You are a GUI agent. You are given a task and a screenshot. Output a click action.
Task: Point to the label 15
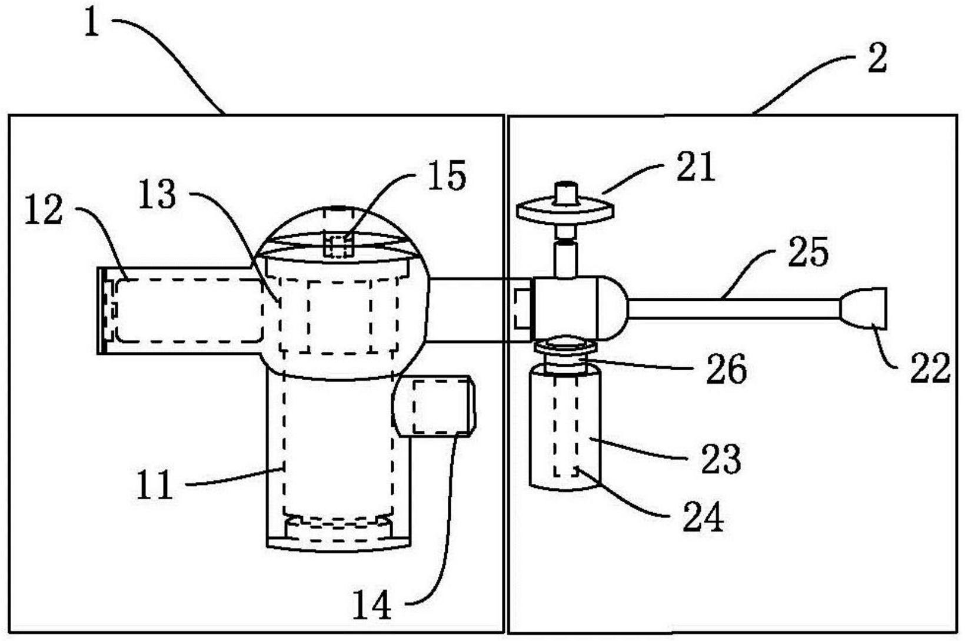tap(447, 175)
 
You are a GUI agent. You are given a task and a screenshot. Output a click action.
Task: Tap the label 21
tap(695, 167)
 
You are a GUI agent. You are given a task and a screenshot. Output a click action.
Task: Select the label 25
tap(808, 252)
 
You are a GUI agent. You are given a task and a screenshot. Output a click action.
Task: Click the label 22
tap(930, 368)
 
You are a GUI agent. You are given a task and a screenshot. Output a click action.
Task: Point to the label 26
tap(726, 370)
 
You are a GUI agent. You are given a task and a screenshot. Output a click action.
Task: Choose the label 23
tap(721, 459)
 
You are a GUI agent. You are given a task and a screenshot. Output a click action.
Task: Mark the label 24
tap(703, 517)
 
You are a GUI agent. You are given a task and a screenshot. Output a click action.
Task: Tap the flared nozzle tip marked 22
tap(865, 307)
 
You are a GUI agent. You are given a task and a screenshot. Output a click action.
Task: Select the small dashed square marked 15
tap(338, 245)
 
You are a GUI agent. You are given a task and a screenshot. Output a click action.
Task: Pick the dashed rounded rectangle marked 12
tap(188, 310)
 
